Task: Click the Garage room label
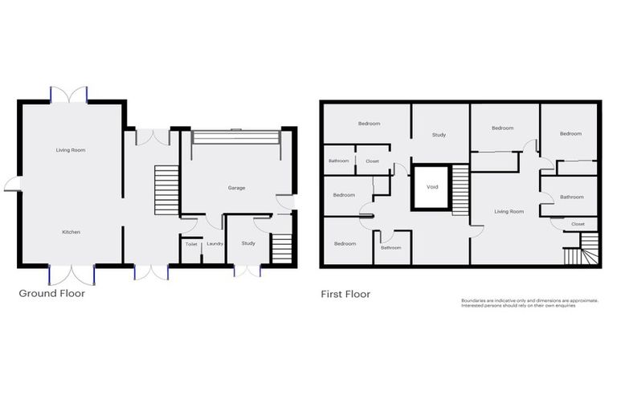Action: tap(236, 188)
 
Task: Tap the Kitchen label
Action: tap(71, 232)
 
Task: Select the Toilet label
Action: tap(191, 244)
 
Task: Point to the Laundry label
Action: tap(214, 244)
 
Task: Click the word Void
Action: tap(432, 186)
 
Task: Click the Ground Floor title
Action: tap(51, 294)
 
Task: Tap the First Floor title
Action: tap(345, 295)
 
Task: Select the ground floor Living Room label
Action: tap(71, 150)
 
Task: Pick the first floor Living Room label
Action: tap(509, 212)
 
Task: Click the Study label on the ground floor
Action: tap(247, 243)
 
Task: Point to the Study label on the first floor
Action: tap(439, 135)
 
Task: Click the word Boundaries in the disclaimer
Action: tap(476, 300)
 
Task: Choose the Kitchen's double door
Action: tap(72, 274)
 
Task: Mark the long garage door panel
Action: tap(231, 136)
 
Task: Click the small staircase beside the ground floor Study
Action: tap(281, 247)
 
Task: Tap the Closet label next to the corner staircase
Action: tap(578, 224)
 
